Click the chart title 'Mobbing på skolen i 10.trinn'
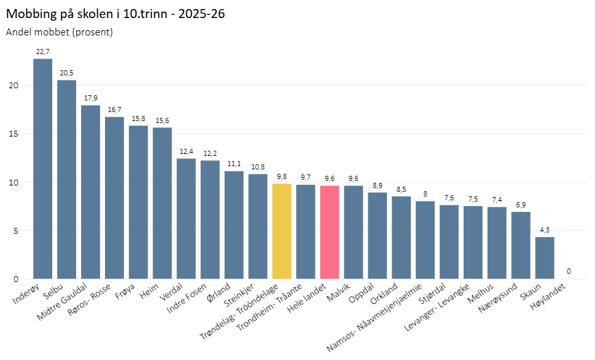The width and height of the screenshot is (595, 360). pyautogui.click(x=115, y=14)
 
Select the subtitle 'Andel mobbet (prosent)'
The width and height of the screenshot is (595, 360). pyautogui.click(x=59, y=32)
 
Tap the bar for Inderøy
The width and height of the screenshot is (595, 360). pyautogui.click(x=42, y=169)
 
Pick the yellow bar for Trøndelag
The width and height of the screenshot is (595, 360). pyautogui.click(x=281, y=231)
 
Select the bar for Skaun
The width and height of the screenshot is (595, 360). pyautogui.click(x=544, y=258)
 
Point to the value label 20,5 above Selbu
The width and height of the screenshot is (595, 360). pyautogui.click(x=66, y=73)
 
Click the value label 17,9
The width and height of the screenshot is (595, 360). pyautogui.click(x=90, y=98)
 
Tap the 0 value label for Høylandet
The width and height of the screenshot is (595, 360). pyautogui.click(x=568, y=271)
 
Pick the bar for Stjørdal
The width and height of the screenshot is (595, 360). pyautogui.click(x=449, y=242)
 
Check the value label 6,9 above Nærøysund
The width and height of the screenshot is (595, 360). pyautogui.click(x=520, y=204)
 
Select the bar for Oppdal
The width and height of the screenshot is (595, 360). pyautogui.click(x=377, y=236)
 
